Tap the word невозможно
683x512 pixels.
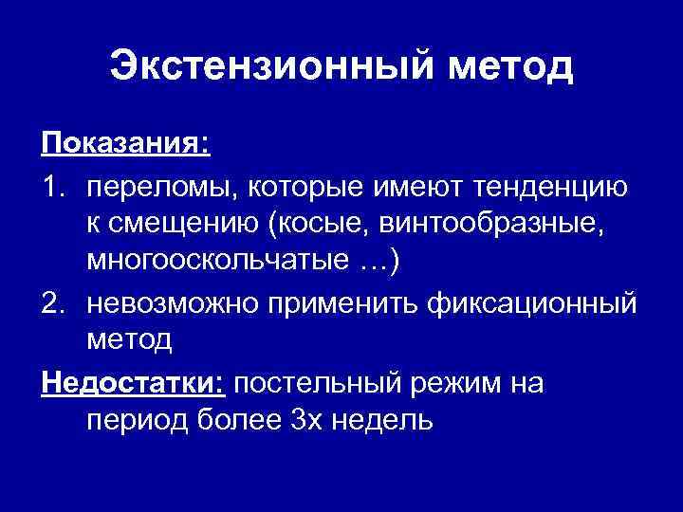tap(168, 302)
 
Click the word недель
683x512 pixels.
tap(387, 419)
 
